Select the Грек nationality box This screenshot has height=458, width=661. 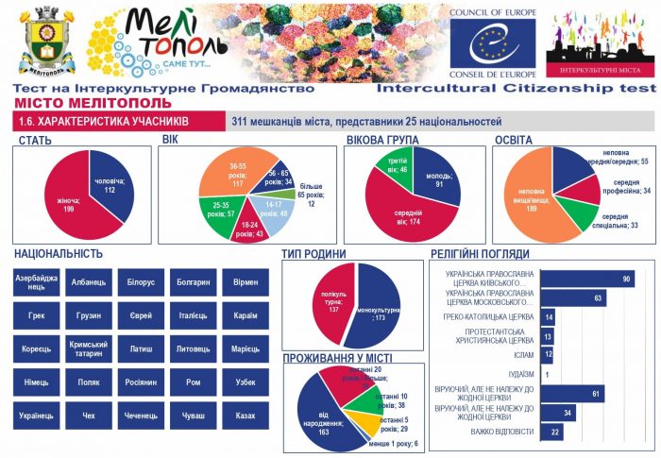click(x=36, y=315)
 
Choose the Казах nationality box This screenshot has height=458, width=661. click(x=245, y=415)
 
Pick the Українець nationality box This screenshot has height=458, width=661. click(x=36, y=415)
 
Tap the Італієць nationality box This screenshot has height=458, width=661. click(x=193, y=315)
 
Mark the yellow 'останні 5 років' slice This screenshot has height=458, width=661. click(x=364, y=420)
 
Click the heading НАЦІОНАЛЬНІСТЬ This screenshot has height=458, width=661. click(x=58, y=253)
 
